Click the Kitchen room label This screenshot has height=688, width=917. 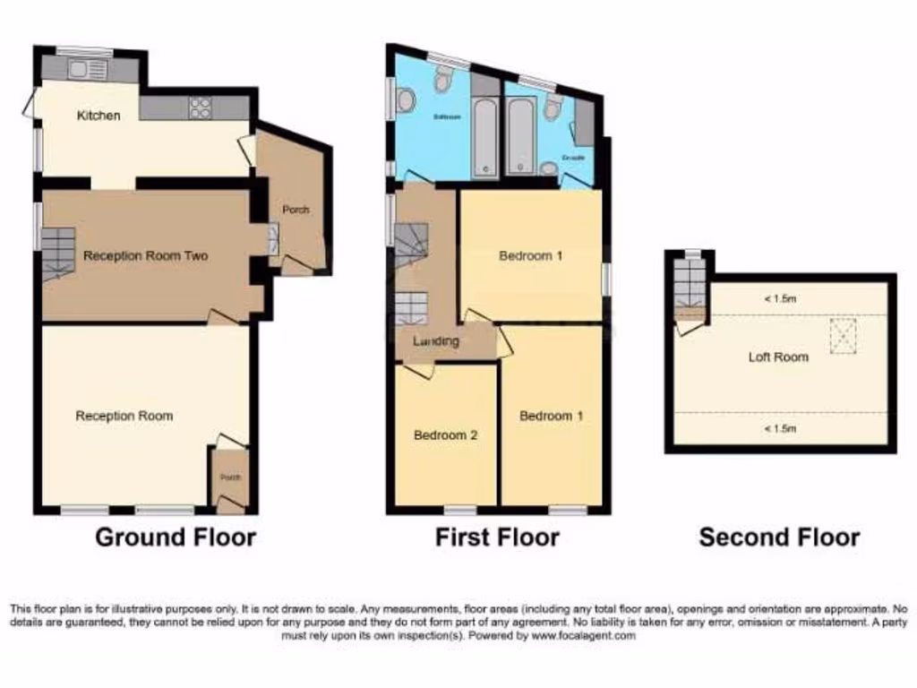(x=99, y=116)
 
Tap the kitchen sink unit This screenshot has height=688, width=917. (x=87, y=69)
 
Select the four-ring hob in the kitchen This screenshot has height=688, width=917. (x=200, y=107)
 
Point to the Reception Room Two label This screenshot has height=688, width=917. (x=145, y=256)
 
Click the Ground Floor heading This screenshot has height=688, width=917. (x=176, y=537)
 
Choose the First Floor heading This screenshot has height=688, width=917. (x=497, y=537)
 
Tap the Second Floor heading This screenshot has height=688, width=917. (x=779, y=537)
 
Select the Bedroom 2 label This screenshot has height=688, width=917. (x=445, y=435)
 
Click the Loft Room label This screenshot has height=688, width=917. (x=778, y=357)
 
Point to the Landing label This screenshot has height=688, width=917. (x=436, y=341)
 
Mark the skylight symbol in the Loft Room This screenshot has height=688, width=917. (x=843, y=336)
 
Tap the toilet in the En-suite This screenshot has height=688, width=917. (x=553, y=107)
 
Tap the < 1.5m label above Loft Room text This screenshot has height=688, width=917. (x=779, y=299)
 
